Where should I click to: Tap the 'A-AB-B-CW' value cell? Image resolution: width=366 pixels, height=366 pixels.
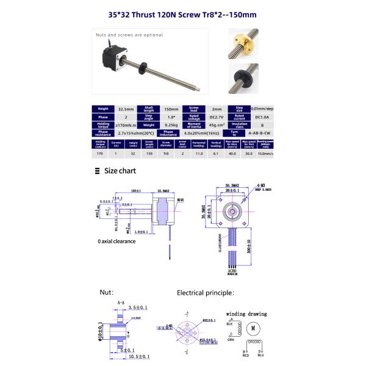coord(260,132)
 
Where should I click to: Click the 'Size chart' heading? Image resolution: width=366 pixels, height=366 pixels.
coord(120,171)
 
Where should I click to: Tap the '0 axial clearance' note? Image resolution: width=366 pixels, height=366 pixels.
coord(120,241)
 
